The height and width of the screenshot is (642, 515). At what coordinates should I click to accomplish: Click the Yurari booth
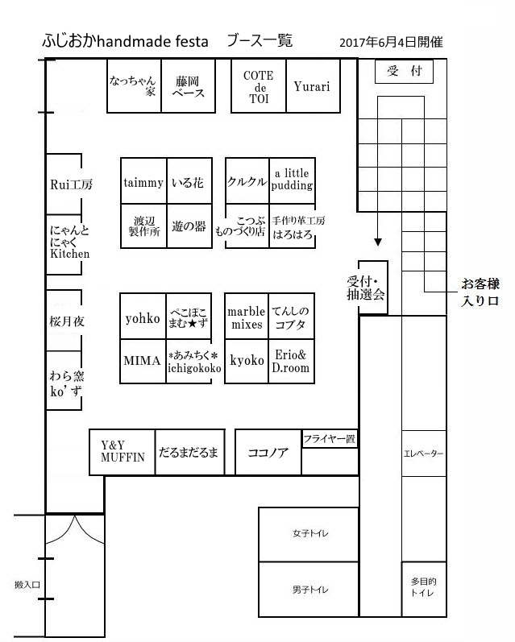pos(312,86)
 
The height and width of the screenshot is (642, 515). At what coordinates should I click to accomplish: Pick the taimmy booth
pos(143,183)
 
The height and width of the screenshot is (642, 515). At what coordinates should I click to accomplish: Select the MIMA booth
pos(143,359)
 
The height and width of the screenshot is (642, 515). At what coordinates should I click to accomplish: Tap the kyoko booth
pos(247,360)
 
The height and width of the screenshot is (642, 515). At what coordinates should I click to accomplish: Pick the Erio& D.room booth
pos(290,360)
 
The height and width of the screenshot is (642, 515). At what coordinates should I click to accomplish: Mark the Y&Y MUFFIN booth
pos(122,451)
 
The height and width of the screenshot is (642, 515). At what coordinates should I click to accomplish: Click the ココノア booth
pos(268,452)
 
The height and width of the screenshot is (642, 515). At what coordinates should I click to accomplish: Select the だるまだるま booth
pos(189,452)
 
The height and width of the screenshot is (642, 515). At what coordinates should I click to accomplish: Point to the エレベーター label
pos(423,454)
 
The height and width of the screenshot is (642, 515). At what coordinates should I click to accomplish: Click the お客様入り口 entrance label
pos(480,292)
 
